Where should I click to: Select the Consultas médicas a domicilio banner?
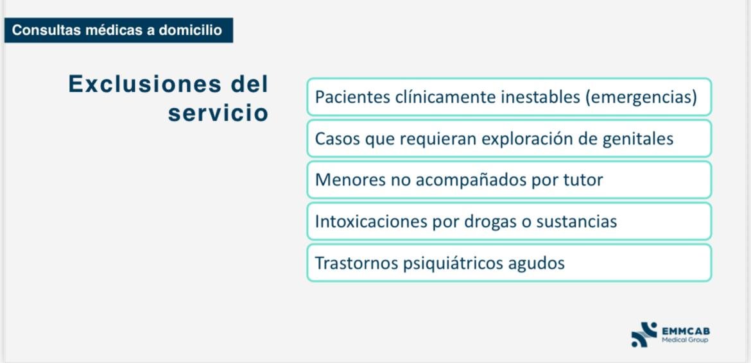(x=119, y=30)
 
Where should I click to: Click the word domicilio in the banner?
(x=191, y=30)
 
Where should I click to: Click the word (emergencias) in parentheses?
(x=640, y=97)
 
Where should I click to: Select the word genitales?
(x=635, y=139)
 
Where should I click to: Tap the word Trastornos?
(x=356, y=263)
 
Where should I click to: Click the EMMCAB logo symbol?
(x=644, y=334)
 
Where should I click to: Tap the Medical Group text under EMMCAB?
(x=685, y=340)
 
